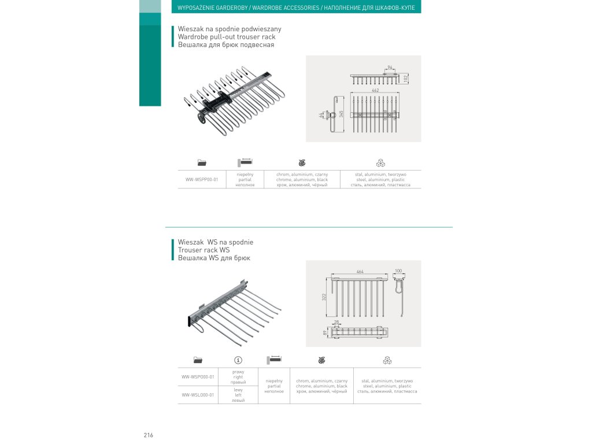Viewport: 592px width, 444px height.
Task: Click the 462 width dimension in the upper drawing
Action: click(x=375, y=91)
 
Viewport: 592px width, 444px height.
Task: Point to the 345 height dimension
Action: click(x=342, y=114)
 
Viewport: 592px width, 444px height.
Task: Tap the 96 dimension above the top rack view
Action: click(x=390, y=68)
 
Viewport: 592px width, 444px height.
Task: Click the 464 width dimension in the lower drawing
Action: click(x=360, y=272)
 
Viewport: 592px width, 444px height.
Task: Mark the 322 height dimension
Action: click(x=325, y=297)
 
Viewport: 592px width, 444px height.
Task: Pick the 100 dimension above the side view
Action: click(x=398, y=271)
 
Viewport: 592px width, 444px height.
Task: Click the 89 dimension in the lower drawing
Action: click(x=325, y=332)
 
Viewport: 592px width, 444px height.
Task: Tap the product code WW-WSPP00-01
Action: click(x=202, y=180)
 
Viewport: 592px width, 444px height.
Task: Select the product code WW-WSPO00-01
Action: click(x=198, y=377)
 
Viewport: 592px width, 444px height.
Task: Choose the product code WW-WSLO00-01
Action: click(x=198, y=395)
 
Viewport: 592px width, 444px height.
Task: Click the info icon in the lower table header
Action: click(x=238, y=360)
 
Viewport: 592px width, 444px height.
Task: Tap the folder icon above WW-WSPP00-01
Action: click(x=202, y=162)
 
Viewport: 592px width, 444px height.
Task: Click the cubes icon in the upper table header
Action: click(x=380, y=162)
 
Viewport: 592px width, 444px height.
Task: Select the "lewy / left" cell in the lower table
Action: click(x=238, y=395)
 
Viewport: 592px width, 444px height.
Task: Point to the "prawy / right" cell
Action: click(x=238, y=377)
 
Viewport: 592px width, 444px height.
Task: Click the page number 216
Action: click(x=149, y=435)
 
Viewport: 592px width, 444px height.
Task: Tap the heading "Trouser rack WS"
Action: click(x=204, y=250)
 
